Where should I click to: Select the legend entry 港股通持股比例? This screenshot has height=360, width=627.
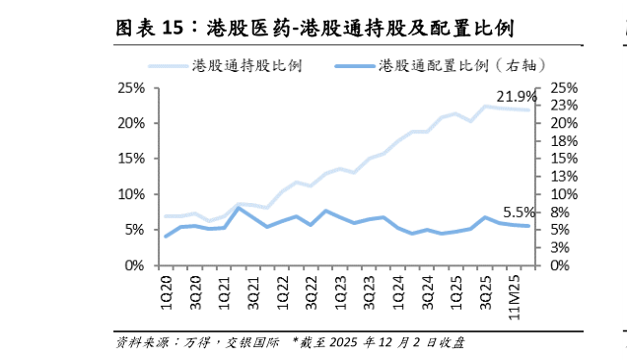(x=246, y=66)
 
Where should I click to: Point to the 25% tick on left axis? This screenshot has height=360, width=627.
(x=131, y=88)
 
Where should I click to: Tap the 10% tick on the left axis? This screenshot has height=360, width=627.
(x=131, y=194)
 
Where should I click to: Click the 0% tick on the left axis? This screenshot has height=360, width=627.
(x=135, y=265)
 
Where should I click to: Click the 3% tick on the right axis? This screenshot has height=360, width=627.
(x=561, y=248)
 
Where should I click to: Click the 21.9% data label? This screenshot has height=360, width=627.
(x=516, y=97)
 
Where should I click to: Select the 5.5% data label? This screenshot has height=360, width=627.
(x=520, y=212)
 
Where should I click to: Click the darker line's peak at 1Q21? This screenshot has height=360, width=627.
(x=239, y=208)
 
